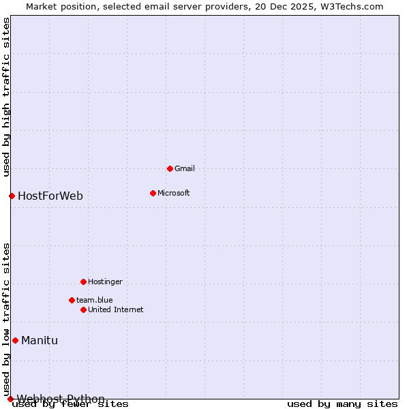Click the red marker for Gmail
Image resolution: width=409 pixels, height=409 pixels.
(x=170, y=168)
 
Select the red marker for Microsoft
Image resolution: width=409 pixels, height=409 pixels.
(x=153, y=193)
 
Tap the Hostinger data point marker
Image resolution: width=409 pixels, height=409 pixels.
(x=83, y=282)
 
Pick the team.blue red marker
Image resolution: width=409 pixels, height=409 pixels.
(x=72, y=300)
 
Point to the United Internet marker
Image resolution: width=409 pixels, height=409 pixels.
(x=83, y=309)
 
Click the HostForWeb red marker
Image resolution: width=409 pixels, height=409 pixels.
(x=12, y=196)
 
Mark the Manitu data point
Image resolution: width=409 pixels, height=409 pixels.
(x=15, y=340)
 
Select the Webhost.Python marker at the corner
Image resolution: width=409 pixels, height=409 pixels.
(x=10, y=399)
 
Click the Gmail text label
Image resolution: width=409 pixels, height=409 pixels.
(x=184, y=168)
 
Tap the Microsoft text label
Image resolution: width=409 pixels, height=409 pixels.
(x=173, y=193)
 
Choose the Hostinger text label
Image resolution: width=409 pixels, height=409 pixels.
(x=105, y=282)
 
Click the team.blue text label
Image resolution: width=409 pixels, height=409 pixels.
(x=94, y=300)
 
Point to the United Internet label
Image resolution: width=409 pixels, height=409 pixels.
(x=115, y=309)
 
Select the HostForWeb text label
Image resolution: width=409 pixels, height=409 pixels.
(x=50, y=196)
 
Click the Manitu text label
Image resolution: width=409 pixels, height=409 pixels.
(x=40, y=341)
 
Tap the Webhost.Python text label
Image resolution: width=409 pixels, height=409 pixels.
(x=61, y=399)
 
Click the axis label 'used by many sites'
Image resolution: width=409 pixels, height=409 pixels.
(x=342, y=404)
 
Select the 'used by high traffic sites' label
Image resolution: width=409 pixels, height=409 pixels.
(x=7, y=97)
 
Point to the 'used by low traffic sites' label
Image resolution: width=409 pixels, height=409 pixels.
(x=7, y=319)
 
